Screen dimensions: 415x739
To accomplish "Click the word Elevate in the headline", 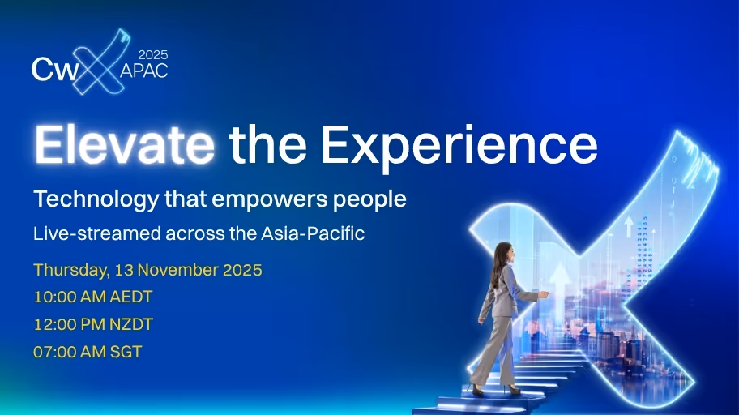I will [x=124, y=146].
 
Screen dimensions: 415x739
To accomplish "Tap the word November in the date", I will [x=169, y=271].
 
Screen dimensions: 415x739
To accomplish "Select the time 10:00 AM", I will [x=69, y=297].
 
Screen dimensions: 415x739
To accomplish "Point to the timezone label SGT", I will [x=125, y=353].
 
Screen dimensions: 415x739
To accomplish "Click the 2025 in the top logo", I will [x=152, y=55].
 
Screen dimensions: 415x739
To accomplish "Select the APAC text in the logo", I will [x=144, y=71].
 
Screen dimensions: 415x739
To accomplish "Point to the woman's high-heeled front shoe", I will [x=512, y=391].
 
